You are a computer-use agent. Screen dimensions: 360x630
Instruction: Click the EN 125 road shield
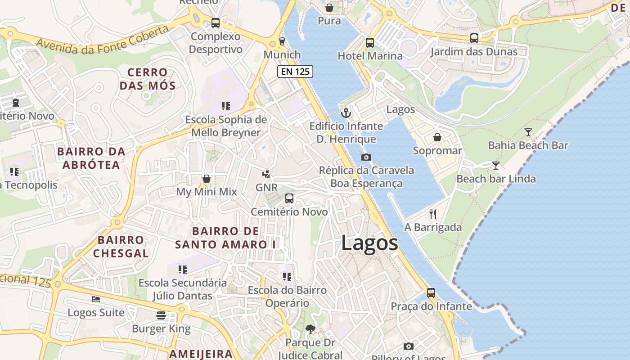295,72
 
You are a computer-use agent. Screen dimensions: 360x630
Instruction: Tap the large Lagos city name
369,243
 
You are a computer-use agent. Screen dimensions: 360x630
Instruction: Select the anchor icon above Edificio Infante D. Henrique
346,113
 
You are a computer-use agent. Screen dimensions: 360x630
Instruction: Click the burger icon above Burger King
161,315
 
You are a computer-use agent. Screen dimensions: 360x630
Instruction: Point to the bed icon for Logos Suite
96,299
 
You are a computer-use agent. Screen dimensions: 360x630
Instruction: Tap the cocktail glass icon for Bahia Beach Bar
528,132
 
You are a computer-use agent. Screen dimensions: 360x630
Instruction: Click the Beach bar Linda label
496,179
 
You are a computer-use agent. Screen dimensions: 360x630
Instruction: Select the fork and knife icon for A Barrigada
433,214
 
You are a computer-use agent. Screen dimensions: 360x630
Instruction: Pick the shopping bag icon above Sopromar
437,137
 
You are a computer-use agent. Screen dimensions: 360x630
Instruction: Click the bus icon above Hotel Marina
369,43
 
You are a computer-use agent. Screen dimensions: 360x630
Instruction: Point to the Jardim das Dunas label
473,52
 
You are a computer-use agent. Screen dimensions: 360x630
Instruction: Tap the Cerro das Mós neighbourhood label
147,79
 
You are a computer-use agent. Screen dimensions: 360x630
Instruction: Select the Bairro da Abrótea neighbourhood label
91,158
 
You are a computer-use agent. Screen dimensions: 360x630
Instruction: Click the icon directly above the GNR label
266,174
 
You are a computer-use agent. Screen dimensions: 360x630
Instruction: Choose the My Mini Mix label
206,192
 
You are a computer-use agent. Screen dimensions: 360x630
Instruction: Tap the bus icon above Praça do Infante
431,293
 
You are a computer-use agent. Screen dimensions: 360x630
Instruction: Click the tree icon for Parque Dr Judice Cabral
310,329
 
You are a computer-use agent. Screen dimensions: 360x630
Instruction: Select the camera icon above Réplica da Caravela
366,157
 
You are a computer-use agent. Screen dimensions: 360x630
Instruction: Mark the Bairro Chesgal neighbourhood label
121,246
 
